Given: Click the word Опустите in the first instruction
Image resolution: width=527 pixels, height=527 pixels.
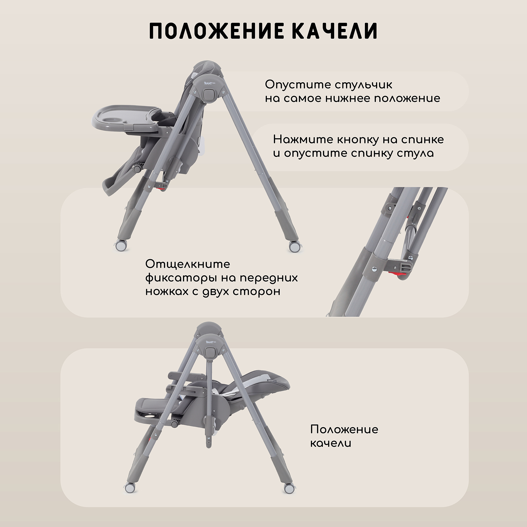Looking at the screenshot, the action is (293, 85).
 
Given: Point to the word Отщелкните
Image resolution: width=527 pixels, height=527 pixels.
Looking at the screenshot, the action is (188, 264).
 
